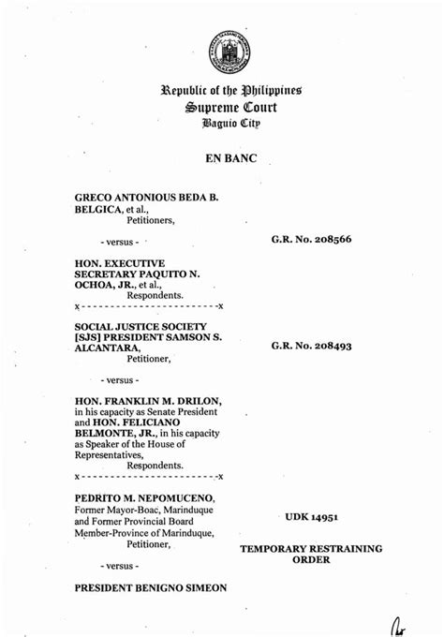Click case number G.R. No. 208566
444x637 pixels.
(x=312, y=239)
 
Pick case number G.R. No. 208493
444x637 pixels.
(x=312, y=346)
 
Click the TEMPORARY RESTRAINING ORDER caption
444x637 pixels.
(x=311, y=554)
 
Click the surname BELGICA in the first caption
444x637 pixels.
(x=98, y=211)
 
